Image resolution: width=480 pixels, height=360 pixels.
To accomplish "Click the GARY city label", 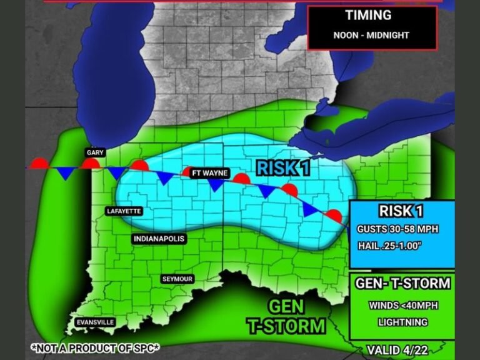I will coord(95,152).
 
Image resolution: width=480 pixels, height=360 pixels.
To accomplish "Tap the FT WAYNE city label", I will coord(209,173).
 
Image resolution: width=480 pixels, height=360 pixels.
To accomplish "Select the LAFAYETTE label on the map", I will coord(125,211).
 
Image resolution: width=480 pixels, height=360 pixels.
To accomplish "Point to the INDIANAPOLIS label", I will coord(159,239).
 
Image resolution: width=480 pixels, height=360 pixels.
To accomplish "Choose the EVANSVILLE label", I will coord(94,322).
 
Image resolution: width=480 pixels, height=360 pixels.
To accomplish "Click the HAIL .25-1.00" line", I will coord(391,246).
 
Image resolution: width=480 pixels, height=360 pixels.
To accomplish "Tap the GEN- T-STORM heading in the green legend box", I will coord(402,284).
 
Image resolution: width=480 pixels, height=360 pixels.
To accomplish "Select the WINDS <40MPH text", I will coord(402,306).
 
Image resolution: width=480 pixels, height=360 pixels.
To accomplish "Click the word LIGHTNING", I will coord(402,322).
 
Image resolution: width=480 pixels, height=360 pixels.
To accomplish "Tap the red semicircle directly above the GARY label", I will coord(91,163).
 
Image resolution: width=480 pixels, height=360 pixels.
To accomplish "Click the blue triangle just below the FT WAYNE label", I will coord(215,186).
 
